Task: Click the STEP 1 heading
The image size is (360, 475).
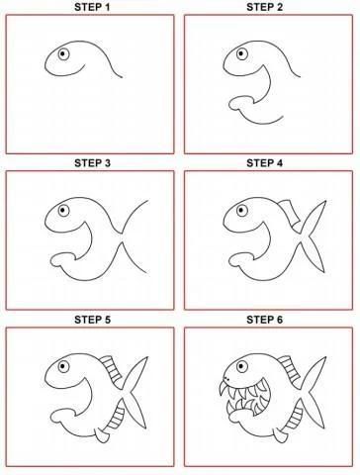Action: click(x=92, y=7)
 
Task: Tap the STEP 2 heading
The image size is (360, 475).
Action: click(x=265, y=7)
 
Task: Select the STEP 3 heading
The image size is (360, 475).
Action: click(x=92, y=163)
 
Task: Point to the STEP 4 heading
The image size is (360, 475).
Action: click(x=265, y=163)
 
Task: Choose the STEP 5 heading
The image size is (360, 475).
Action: click(x=92, y=320)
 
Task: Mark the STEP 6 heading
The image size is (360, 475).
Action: click(x=265, y=320)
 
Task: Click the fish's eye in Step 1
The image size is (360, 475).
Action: click(x=63, y=54)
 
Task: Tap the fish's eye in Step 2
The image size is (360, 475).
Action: click(x=242, y=53)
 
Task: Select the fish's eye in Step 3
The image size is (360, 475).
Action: click(x=63, y=210)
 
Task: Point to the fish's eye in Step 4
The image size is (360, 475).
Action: click(x=242, y=210)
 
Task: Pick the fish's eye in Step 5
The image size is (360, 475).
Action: click(x=63, y=366)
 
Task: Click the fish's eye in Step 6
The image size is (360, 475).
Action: click(x=242, y=366)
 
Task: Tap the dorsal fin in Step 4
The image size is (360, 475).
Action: click(x=291, y=212)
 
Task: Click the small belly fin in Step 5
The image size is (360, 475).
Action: click(x=101, y=435)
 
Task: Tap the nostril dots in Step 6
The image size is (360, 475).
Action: click(x=226, y=377)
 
